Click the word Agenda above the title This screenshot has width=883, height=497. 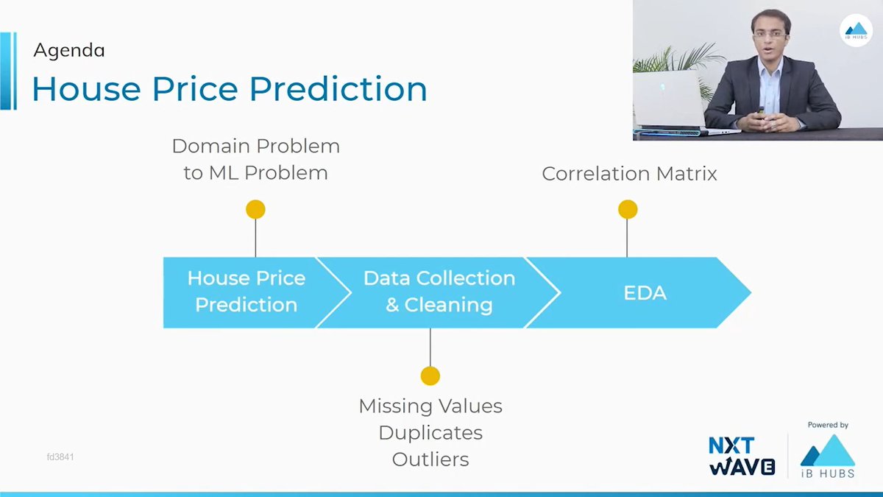(69, 50)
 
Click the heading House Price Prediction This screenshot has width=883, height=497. (230, 89)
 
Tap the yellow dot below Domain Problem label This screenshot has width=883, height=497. (255, 210)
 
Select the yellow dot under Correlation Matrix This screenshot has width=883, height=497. (627, 210)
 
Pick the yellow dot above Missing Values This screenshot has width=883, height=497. (430, 376)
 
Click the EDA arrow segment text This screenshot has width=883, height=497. (644, 293)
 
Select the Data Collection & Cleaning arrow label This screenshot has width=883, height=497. (439, 292)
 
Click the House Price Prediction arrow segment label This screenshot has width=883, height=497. (246, 292)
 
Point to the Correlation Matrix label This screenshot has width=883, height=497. (629, 174)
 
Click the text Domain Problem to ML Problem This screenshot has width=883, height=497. (255, 159)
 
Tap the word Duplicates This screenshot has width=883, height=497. (430, 433)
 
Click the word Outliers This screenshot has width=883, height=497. (430, 459)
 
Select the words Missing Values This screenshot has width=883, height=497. (430, 406)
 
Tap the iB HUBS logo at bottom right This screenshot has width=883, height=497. (828, 457)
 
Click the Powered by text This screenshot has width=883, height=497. (828, 425)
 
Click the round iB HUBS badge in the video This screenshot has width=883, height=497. (856, 31)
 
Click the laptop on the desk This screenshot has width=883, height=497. (667, 99)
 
